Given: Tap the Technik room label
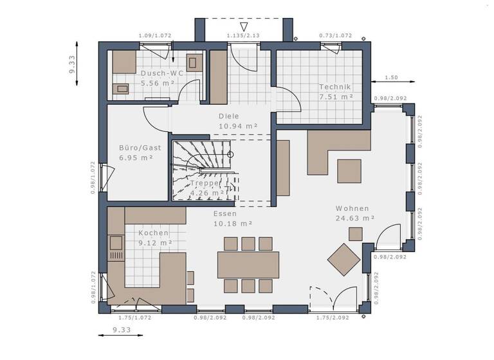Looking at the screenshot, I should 335,87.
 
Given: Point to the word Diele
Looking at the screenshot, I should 229,116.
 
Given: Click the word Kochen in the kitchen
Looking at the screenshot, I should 154,233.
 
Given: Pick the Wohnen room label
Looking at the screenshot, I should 352,208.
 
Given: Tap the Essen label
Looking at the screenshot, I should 225,213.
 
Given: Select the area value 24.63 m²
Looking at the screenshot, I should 355,218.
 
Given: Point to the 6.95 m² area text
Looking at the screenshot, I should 136,157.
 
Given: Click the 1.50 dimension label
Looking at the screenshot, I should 390,78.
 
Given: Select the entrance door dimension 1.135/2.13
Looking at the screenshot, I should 242,36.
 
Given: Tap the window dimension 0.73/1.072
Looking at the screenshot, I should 335,36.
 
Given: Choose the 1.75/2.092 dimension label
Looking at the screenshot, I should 333,318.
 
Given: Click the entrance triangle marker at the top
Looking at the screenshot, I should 242,26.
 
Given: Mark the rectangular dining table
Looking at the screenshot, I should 248,264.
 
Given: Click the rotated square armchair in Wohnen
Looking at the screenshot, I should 344,259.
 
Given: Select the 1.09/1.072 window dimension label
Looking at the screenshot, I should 155,36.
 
